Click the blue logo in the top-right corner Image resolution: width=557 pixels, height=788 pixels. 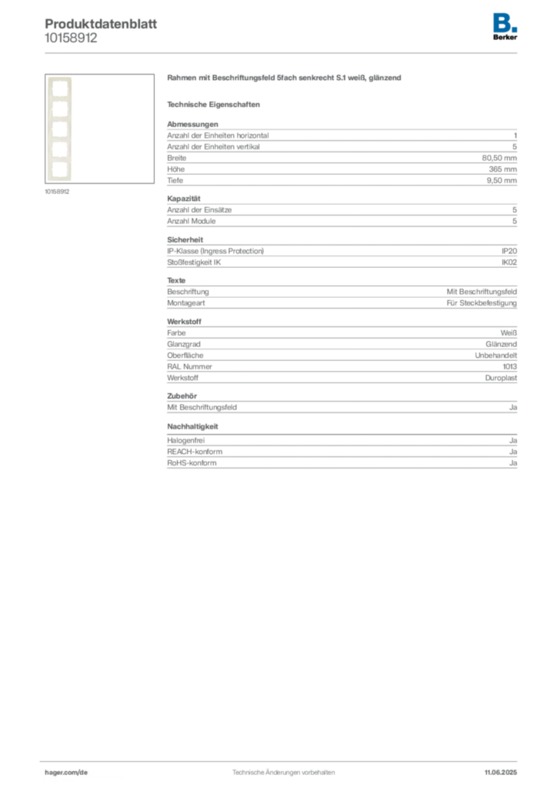coord(505,22)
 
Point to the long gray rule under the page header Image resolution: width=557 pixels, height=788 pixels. coord(308,52)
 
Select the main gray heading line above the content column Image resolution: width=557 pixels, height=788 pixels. coord(285,80)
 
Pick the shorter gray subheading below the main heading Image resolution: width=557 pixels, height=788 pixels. coord(215,104)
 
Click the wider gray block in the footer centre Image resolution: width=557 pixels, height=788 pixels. coord(262,768)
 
